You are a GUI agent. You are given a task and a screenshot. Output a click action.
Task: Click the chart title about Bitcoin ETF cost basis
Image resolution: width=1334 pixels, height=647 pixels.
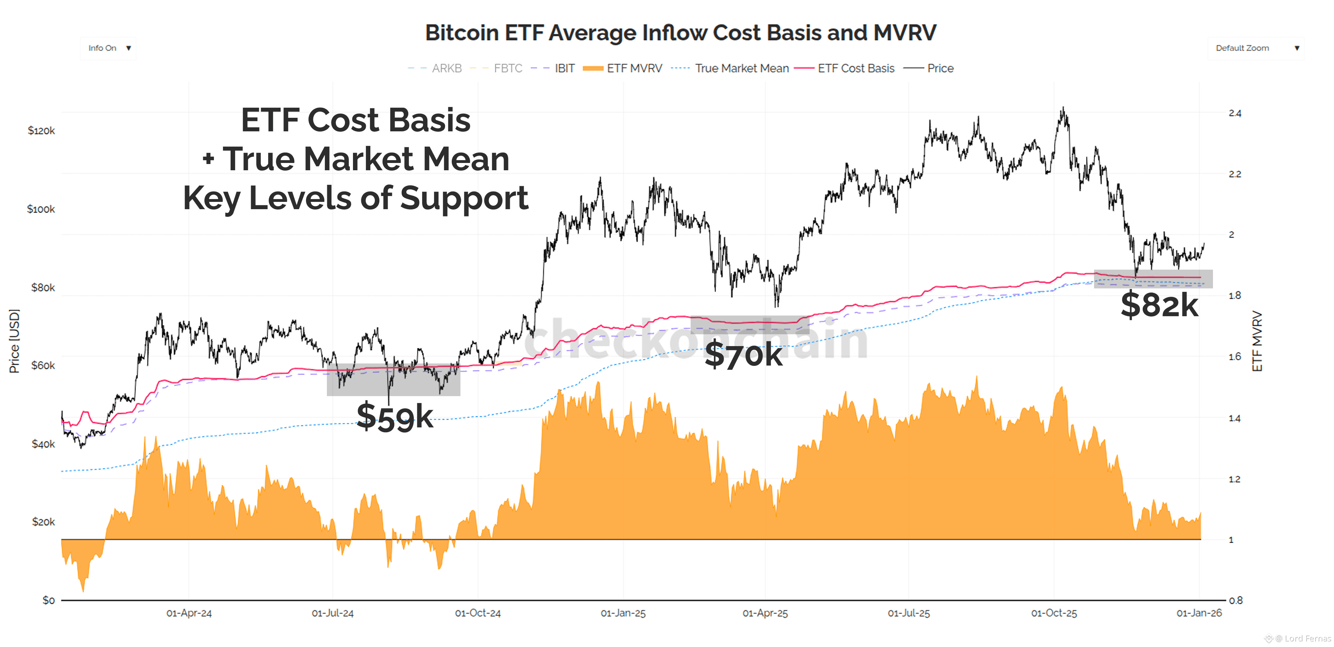pos(681,33)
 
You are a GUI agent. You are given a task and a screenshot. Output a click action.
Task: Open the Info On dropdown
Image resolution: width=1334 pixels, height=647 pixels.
pos(109,48)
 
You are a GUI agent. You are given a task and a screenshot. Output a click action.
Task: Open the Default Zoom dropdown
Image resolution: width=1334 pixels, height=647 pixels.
pos(1255,48)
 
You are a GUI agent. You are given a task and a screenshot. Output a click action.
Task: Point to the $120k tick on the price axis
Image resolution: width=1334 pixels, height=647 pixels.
pos(41,130)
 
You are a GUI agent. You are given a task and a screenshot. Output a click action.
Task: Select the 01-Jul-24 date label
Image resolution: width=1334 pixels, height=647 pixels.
pos(332,613)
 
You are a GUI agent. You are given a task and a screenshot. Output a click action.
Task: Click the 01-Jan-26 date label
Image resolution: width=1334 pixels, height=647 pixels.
pos(1199,613)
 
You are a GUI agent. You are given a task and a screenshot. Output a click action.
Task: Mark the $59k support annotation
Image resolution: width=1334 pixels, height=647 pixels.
pos(395,417)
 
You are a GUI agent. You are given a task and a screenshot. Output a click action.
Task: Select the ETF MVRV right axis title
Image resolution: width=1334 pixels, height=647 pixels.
pos(1257,341)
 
